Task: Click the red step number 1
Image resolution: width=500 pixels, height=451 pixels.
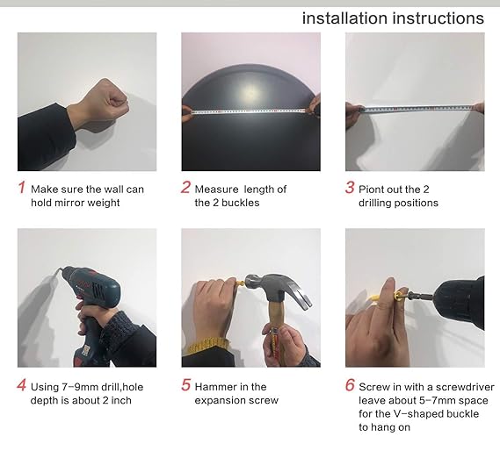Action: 21,187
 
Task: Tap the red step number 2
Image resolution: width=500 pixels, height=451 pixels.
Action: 185,187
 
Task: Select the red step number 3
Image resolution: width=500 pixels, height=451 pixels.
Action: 350,187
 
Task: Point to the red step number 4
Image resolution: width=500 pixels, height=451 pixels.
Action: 21,385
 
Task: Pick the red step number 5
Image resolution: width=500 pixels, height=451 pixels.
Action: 185,385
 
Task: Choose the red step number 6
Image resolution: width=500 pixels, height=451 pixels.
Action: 350,385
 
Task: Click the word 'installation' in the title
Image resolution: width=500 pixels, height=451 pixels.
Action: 344,18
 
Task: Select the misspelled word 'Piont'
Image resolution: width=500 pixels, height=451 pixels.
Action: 370,190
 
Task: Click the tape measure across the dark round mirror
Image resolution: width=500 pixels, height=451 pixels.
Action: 249,111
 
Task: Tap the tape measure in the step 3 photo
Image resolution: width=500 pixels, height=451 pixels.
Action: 417,109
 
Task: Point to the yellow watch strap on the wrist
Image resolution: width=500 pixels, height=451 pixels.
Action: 206,347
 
